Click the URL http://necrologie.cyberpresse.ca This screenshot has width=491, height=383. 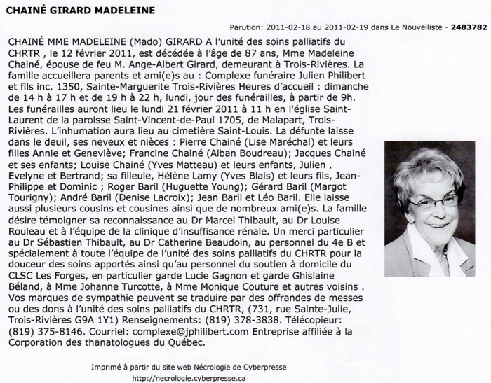(x=189, y=379)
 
